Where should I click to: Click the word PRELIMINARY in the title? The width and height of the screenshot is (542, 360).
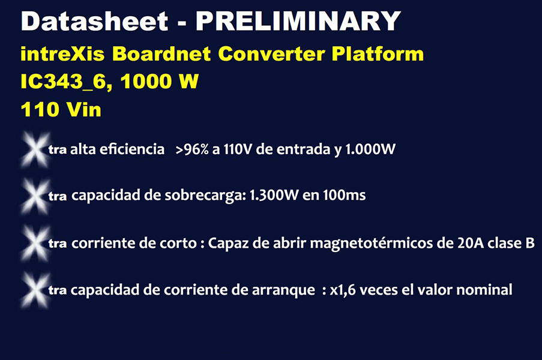298,22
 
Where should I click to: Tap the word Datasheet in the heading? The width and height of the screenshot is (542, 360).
95,22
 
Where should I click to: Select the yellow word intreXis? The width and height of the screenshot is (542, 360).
62,54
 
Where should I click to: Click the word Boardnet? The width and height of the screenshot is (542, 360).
161,54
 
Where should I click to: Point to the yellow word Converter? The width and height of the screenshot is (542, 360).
272,54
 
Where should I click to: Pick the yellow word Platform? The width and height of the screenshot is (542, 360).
378,54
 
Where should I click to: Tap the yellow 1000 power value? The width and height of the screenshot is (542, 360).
146,82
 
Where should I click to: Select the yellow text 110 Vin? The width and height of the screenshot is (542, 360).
61,110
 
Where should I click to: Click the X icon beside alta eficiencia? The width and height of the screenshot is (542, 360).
35,150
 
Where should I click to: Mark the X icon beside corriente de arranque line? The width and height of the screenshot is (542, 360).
35,290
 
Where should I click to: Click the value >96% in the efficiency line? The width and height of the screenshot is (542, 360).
192,149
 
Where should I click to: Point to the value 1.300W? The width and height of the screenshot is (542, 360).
274,195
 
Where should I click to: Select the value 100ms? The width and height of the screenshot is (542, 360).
344,195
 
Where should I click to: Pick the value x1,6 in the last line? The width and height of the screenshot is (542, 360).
343,290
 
